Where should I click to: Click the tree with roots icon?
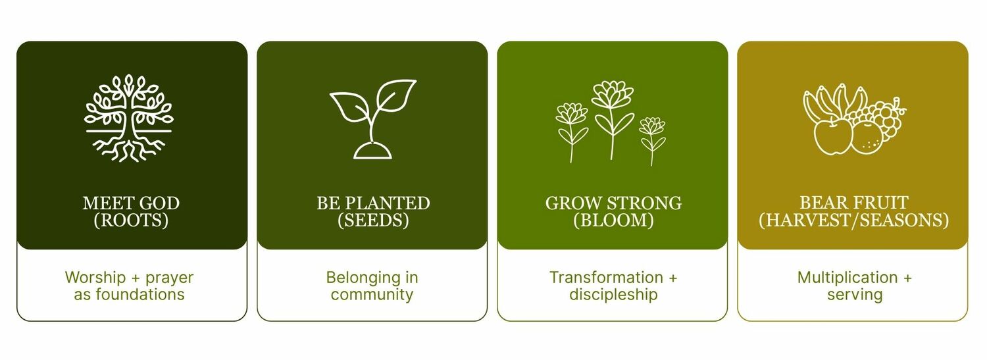pyautogui.click(x=129, y=118)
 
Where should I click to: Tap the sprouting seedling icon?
pyautogui.click(x=373, y=119)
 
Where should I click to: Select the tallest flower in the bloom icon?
pyautogui.click(x=613, y=120)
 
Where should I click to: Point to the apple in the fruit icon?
pyautogui.click(x=833, y=137)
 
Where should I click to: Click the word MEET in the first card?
pyautogui.click(x=108, y=203)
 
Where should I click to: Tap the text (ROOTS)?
pyautogui.click(x=131, y=220)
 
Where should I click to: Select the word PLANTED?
pyautogui.click(x=388, y=203)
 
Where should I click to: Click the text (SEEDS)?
pyautogui.click(x=373, y=220)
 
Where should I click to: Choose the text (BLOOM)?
pyautogui.click(x=613, y=220)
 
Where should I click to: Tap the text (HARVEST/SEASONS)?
pyautogui.click(x=853, y=220)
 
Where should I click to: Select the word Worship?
pyautogui.click(x=95, y=278)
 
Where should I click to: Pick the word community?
pyautogui.click(x=372, y=295)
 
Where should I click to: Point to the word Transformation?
pyautogui.click(x=606, y=278)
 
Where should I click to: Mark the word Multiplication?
pyautogui.click(x=848, y=278)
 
